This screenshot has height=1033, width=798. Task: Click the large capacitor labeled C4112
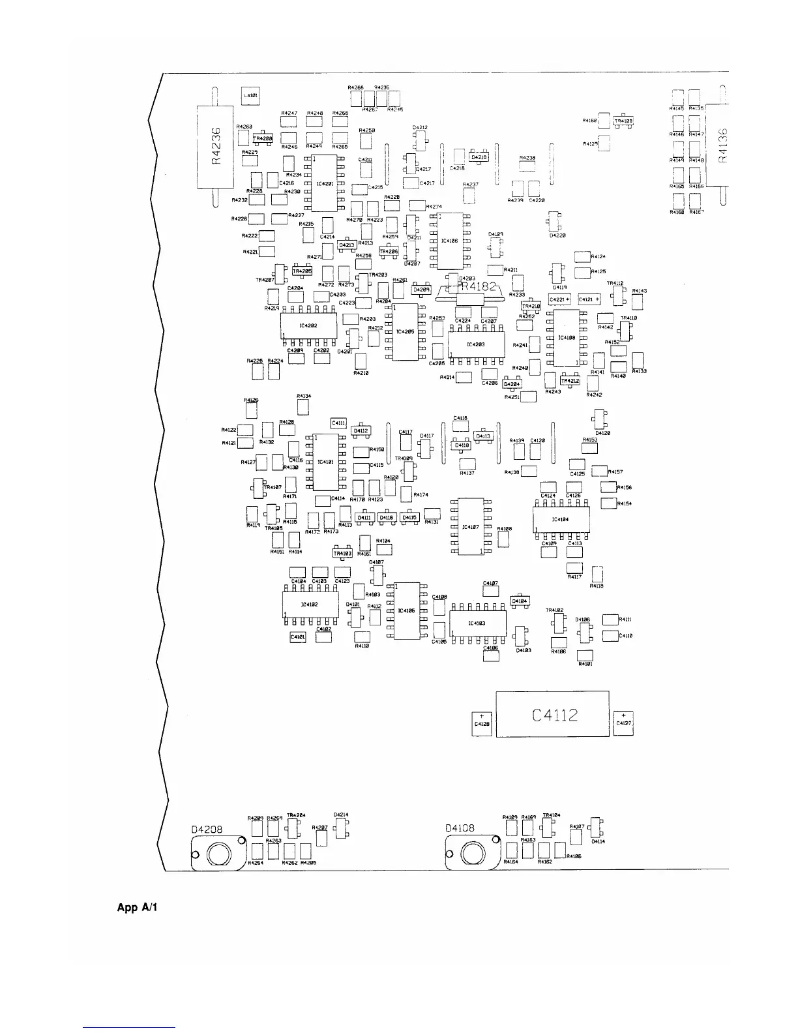tap(552, 715)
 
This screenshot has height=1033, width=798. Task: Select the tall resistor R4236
tap(216, 147)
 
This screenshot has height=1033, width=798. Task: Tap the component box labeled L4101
tap(250, 96)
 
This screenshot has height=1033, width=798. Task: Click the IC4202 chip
tap(308, 325)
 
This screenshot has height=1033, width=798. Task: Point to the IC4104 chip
tap(561, 520)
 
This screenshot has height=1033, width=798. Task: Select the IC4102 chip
tap(310, 605)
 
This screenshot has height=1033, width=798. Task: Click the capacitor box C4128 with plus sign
tap(481, 723)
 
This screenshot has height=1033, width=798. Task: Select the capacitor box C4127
tap(623, 722)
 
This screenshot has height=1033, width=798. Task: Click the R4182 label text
tap(479, 286)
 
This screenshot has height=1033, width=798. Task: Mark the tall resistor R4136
tap(720, 147)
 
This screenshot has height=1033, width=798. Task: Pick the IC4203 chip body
tap(477, 344)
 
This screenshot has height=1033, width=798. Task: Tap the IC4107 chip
tap(471, 526)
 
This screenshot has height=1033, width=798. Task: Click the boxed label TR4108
tap(623, 121)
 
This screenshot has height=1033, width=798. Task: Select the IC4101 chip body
tap(325, 462)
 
